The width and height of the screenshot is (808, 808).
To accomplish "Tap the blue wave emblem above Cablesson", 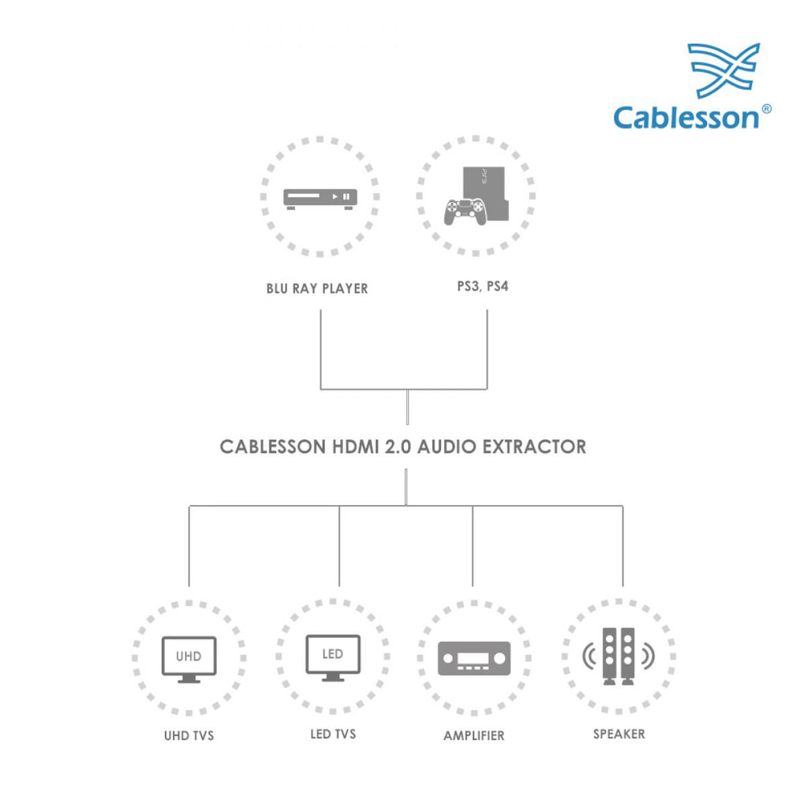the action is coord(724,70).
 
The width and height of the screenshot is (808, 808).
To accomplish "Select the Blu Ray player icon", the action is coord(320,200).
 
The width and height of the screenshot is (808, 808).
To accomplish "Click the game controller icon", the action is coord(465,211).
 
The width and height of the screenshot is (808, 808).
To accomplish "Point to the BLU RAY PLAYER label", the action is coord(317,289).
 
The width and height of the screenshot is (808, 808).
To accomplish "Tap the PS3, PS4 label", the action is coord(483,286).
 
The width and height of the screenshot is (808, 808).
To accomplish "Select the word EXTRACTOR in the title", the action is coord(534,447).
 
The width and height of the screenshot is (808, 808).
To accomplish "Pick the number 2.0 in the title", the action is coord(398,447).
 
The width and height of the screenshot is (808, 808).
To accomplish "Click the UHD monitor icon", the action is coord(189,660).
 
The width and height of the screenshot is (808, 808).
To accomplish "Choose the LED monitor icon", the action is coord(333,658).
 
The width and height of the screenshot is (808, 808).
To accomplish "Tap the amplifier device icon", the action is coord(474,659).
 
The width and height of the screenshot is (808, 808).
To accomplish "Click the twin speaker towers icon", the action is coord(619,656).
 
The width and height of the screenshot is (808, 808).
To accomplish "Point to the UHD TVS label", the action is coord(189,735).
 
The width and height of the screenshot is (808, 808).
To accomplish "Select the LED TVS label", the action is coord(333,734).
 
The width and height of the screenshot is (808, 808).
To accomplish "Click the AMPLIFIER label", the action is coord(474,735).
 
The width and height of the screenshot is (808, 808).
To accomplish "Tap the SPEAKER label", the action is coord(619,734).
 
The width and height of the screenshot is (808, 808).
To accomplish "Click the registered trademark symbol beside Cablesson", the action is coord(766,109).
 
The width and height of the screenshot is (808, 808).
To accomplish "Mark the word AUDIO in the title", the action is coord(447,447).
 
